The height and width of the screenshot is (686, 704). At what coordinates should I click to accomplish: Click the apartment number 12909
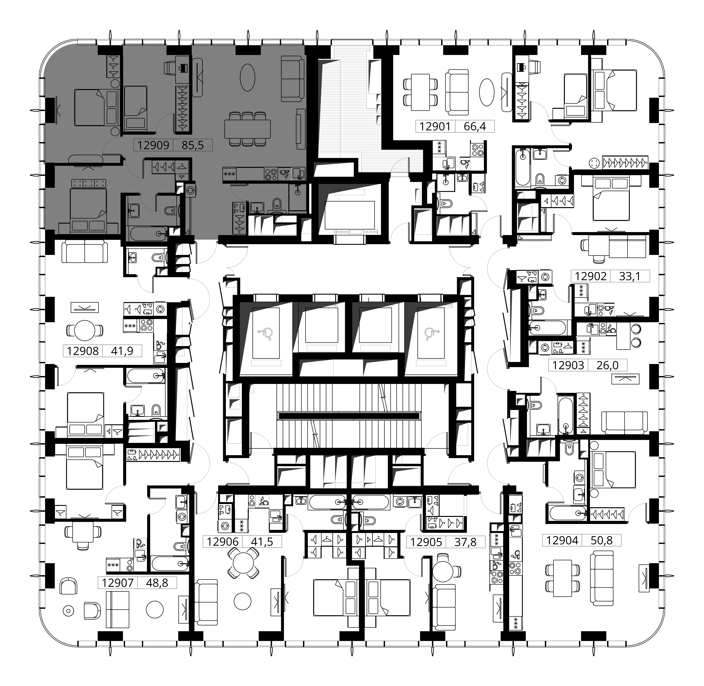coord(153,145)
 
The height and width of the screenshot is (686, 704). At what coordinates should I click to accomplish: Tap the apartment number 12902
coord(591,276)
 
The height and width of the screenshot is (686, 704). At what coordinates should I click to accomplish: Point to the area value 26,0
coord(607,365)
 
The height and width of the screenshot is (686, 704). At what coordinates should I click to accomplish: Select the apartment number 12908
coord(83,351)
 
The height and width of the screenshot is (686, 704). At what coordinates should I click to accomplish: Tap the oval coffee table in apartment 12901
coord(487,93)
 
